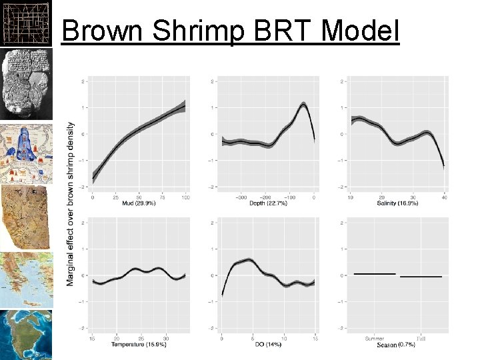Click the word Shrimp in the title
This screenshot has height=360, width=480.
pos(198,32)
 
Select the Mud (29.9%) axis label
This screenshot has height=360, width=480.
pos(139,203)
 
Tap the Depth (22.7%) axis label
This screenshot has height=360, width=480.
pos(265,203)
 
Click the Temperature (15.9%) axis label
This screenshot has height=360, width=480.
pos(138,344)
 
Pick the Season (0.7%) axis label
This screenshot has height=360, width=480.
pos(398,345)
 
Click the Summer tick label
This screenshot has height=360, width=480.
pos(375,338)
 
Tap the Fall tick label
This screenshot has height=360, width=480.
pos(421,338)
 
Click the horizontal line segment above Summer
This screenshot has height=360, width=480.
pos(375,274)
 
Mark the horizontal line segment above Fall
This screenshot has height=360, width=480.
pos(421,276)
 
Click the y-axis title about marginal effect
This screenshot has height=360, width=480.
pos(71,203)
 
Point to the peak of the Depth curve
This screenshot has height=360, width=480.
pos(303,104)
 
